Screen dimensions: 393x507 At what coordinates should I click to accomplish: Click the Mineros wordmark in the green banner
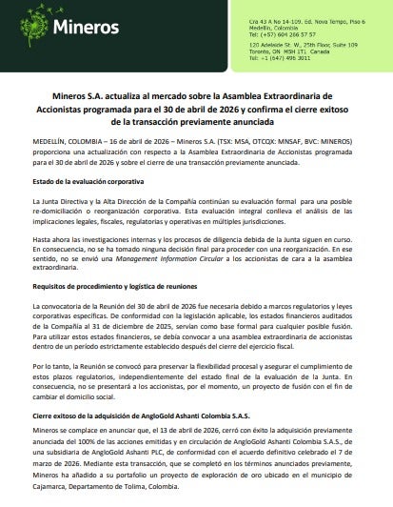tap(90, 32)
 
